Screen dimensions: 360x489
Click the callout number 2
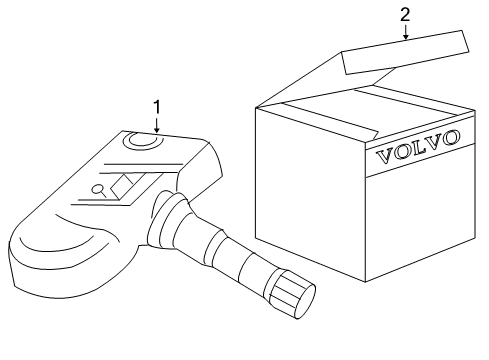coord(404,14)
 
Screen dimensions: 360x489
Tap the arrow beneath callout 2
coord(404,32)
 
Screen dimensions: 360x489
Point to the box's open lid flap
coord(404,56)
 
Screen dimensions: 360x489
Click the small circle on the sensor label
coord(97,187)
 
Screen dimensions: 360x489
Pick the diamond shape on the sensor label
coord(124,183)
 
